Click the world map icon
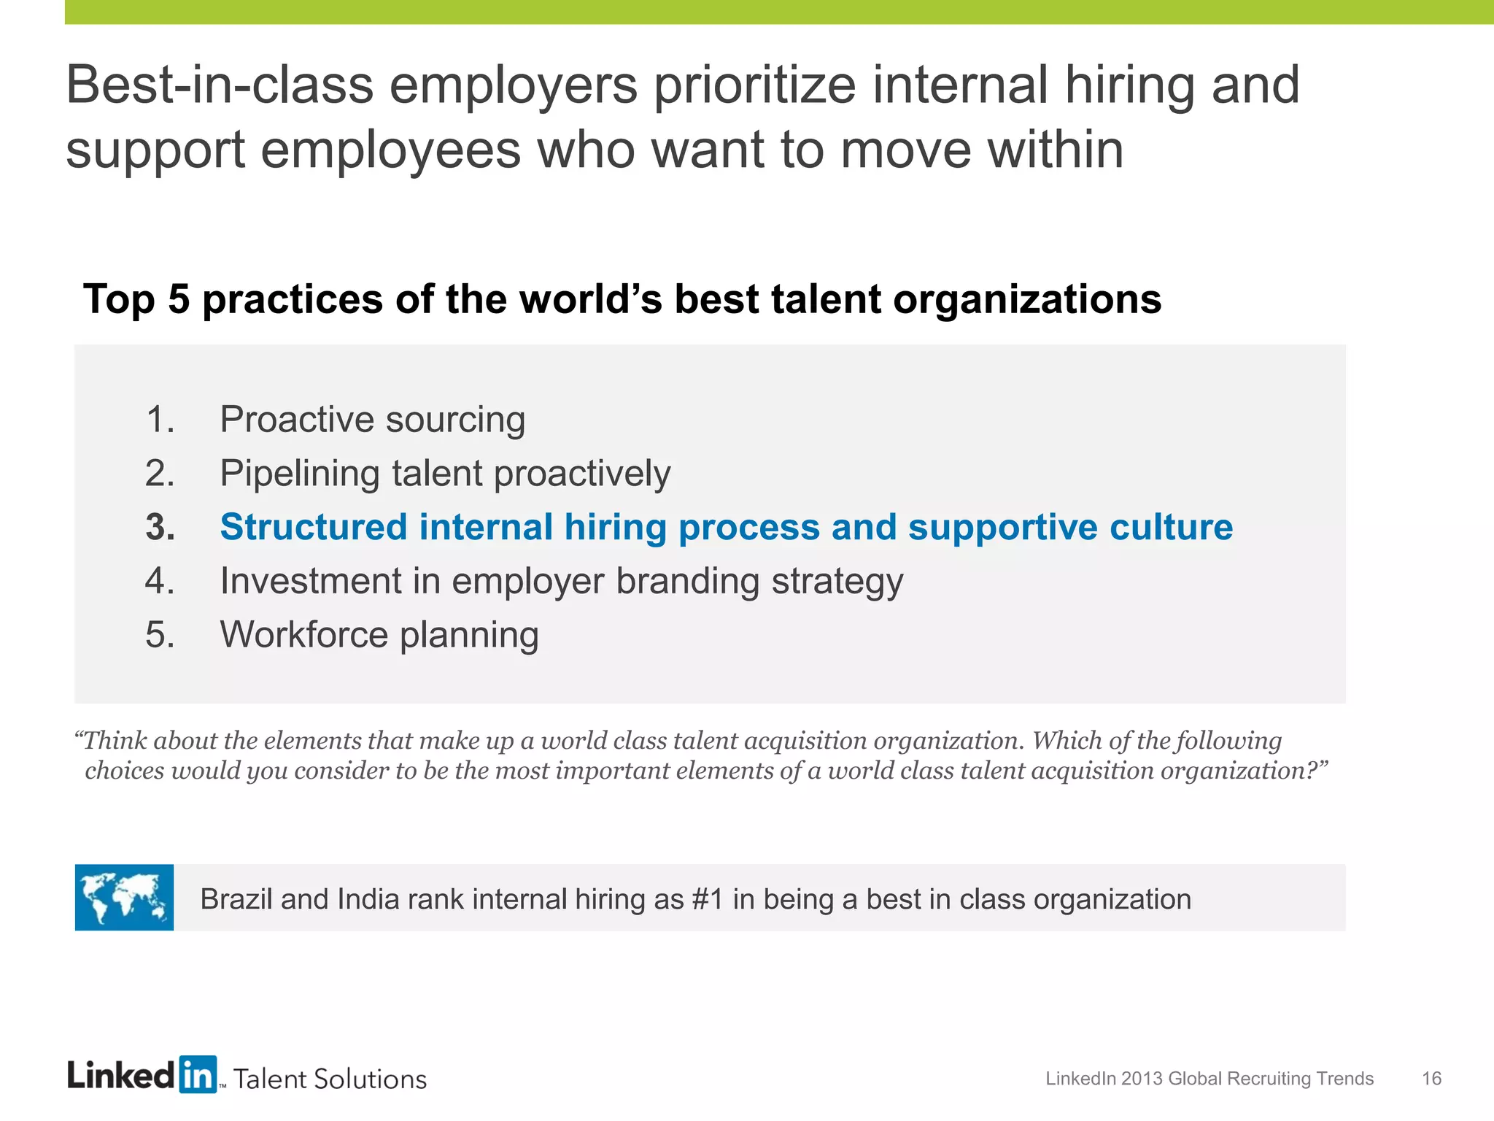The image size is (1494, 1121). tap(124, 897)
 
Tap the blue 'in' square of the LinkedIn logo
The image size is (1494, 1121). tap(198, 1074)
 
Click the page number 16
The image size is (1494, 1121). tap(1431, 1079)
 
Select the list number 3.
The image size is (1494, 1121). tap(160, 527)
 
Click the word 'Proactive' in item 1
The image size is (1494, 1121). tap(297, 420)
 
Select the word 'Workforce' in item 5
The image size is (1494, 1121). tap(304, 634)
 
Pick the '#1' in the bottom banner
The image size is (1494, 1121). tap(707, 899)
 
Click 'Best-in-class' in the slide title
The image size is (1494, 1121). tap(220, 85)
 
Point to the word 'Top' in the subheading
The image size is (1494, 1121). tap(120, 299)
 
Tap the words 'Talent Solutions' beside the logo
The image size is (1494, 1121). tap(330, 1079)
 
